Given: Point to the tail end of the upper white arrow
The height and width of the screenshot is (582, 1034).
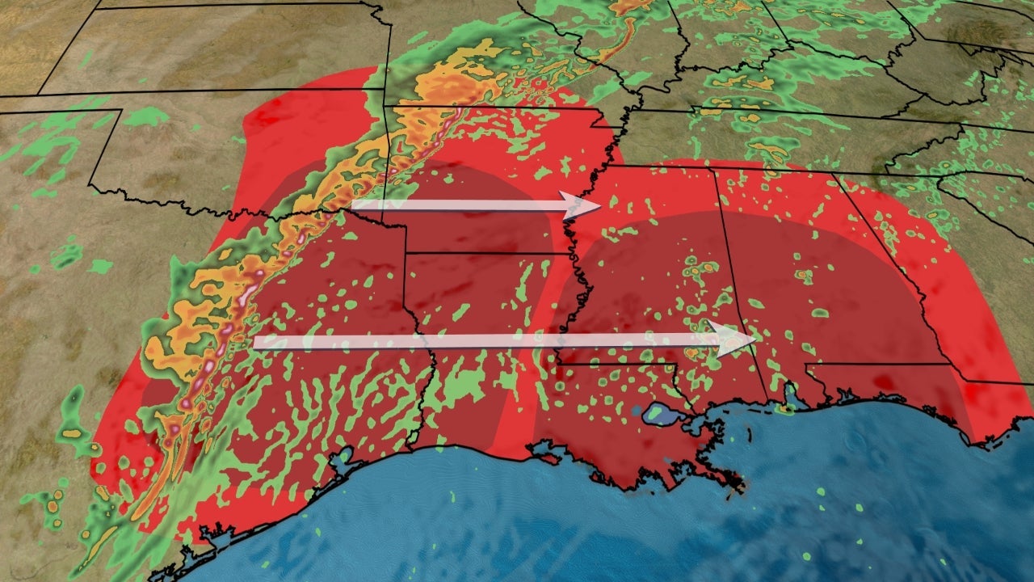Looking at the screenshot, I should [354, 205].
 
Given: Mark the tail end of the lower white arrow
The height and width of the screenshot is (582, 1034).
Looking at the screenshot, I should [256, 342].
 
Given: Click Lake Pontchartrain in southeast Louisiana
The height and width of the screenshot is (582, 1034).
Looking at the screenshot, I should [662, 415].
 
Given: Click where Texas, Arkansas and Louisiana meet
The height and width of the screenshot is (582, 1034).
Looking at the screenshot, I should [406, 253].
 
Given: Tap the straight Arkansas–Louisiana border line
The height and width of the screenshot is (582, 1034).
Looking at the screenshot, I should [485, 254].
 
